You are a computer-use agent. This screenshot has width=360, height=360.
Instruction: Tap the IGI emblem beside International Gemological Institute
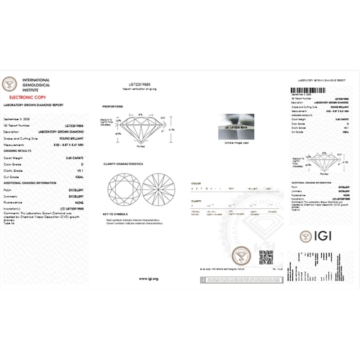click(x=11, y=82)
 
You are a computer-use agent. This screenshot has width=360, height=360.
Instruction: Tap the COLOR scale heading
click(x=196, y=183)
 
